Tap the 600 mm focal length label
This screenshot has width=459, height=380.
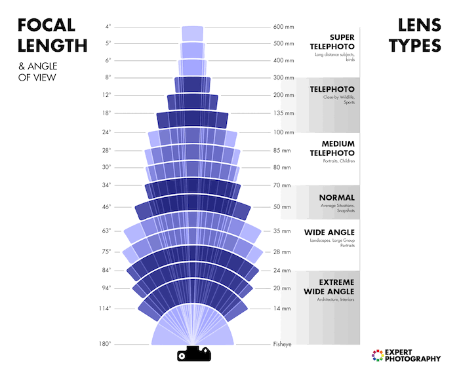pyautogui.click(x=283, y=27)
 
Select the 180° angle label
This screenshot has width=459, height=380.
pyautogui.click(x=106, y=344)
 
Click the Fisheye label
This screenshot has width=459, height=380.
pyautogui.click(x=283, y=344)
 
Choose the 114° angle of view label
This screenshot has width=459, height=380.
pyautogui.click(x=106, y=309)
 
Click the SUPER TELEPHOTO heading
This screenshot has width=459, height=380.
pyautogui.click(x=332, y=42)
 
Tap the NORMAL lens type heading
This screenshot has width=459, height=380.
pyautogui.click(x=336, y=197)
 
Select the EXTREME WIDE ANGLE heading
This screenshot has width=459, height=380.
pyautogui.click(x=329, y=286)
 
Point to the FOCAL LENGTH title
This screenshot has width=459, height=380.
pyautogui.click(x=52, y=35)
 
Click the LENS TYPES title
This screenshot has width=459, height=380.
pyautogui.click(x=414, y=35)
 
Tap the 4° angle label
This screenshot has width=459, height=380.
pyautogui.click(x=108, y=27)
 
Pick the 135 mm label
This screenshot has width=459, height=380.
pyautogui.click(x=283, y=113)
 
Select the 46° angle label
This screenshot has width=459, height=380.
pyautogui.click(x=107, y=207)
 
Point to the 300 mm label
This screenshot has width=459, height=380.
pyautogui.click(x=283, y=78)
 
